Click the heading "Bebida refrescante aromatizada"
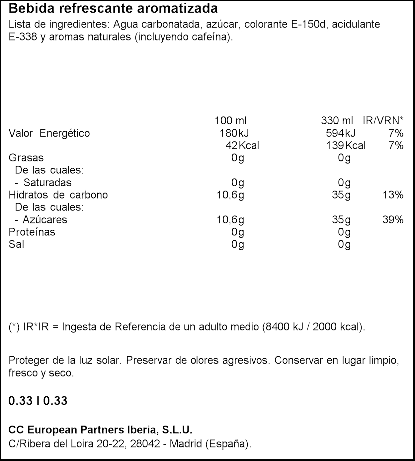tap(113, 8)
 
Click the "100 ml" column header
tap(230, 121)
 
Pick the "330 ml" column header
tap(337, 121)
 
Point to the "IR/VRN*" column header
tap(383, 121)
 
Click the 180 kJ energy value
tap(234, 133)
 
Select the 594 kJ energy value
tap(340, 133)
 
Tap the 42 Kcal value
tap(242, 145)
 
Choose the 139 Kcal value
tap(346, 145)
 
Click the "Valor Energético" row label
tap(49, 133)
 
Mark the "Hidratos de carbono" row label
tap(58, 195)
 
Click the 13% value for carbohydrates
tap(393, 195)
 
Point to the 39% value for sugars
tap(393, 219)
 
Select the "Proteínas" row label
tap(32, 232)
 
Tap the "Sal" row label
tap(16, 244)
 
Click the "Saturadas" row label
tap(47, 182)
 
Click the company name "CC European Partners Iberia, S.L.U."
tap(100, 430)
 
